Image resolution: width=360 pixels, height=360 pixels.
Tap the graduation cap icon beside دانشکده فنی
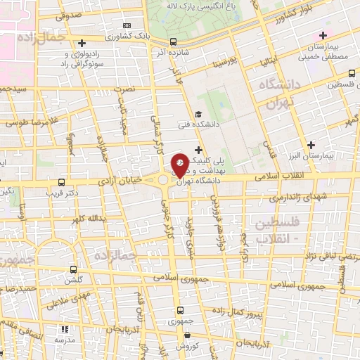click(198, 115)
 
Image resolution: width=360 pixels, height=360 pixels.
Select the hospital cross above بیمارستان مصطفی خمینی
click(323, 35)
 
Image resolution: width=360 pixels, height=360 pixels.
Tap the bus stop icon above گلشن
click(73, 269)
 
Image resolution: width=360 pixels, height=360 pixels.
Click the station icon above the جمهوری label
click(181, 309)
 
